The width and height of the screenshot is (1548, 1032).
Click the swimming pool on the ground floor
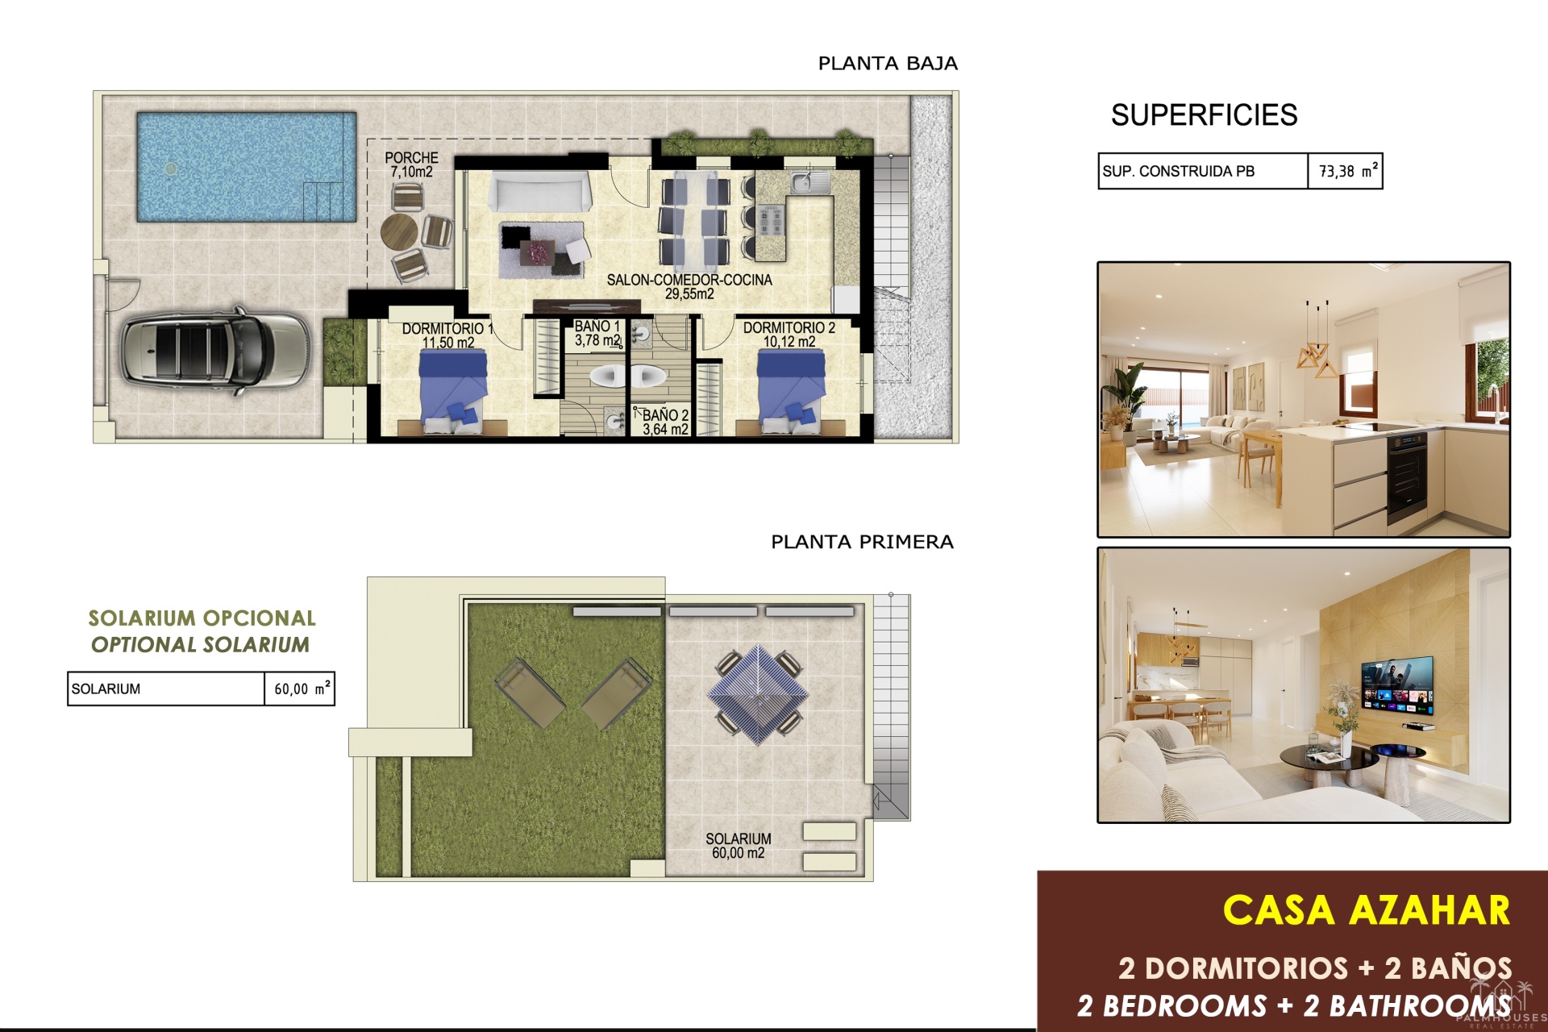[x=247, y=167]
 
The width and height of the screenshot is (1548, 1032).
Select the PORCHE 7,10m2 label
[x=411, y=164]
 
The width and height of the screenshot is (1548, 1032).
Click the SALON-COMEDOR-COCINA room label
[x=689, y=287]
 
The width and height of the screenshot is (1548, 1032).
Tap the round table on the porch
[x=401, y=231]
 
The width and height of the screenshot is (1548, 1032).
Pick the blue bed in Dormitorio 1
[x=453, y=390]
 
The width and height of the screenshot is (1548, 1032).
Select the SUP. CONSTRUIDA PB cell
[x=1203, y=171]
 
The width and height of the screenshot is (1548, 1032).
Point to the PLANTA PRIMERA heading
[x=862, y=542]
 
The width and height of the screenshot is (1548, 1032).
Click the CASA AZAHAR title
[x=1366, y=910]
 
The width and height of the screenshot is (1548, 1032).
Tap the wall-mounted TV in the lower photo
[x=1397, y=685]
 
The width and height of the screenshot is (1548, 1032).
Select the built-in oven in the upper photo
[x=1407, y=477]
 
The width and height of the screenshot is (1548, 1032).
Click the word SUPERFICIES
[x=1204, y=115]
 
